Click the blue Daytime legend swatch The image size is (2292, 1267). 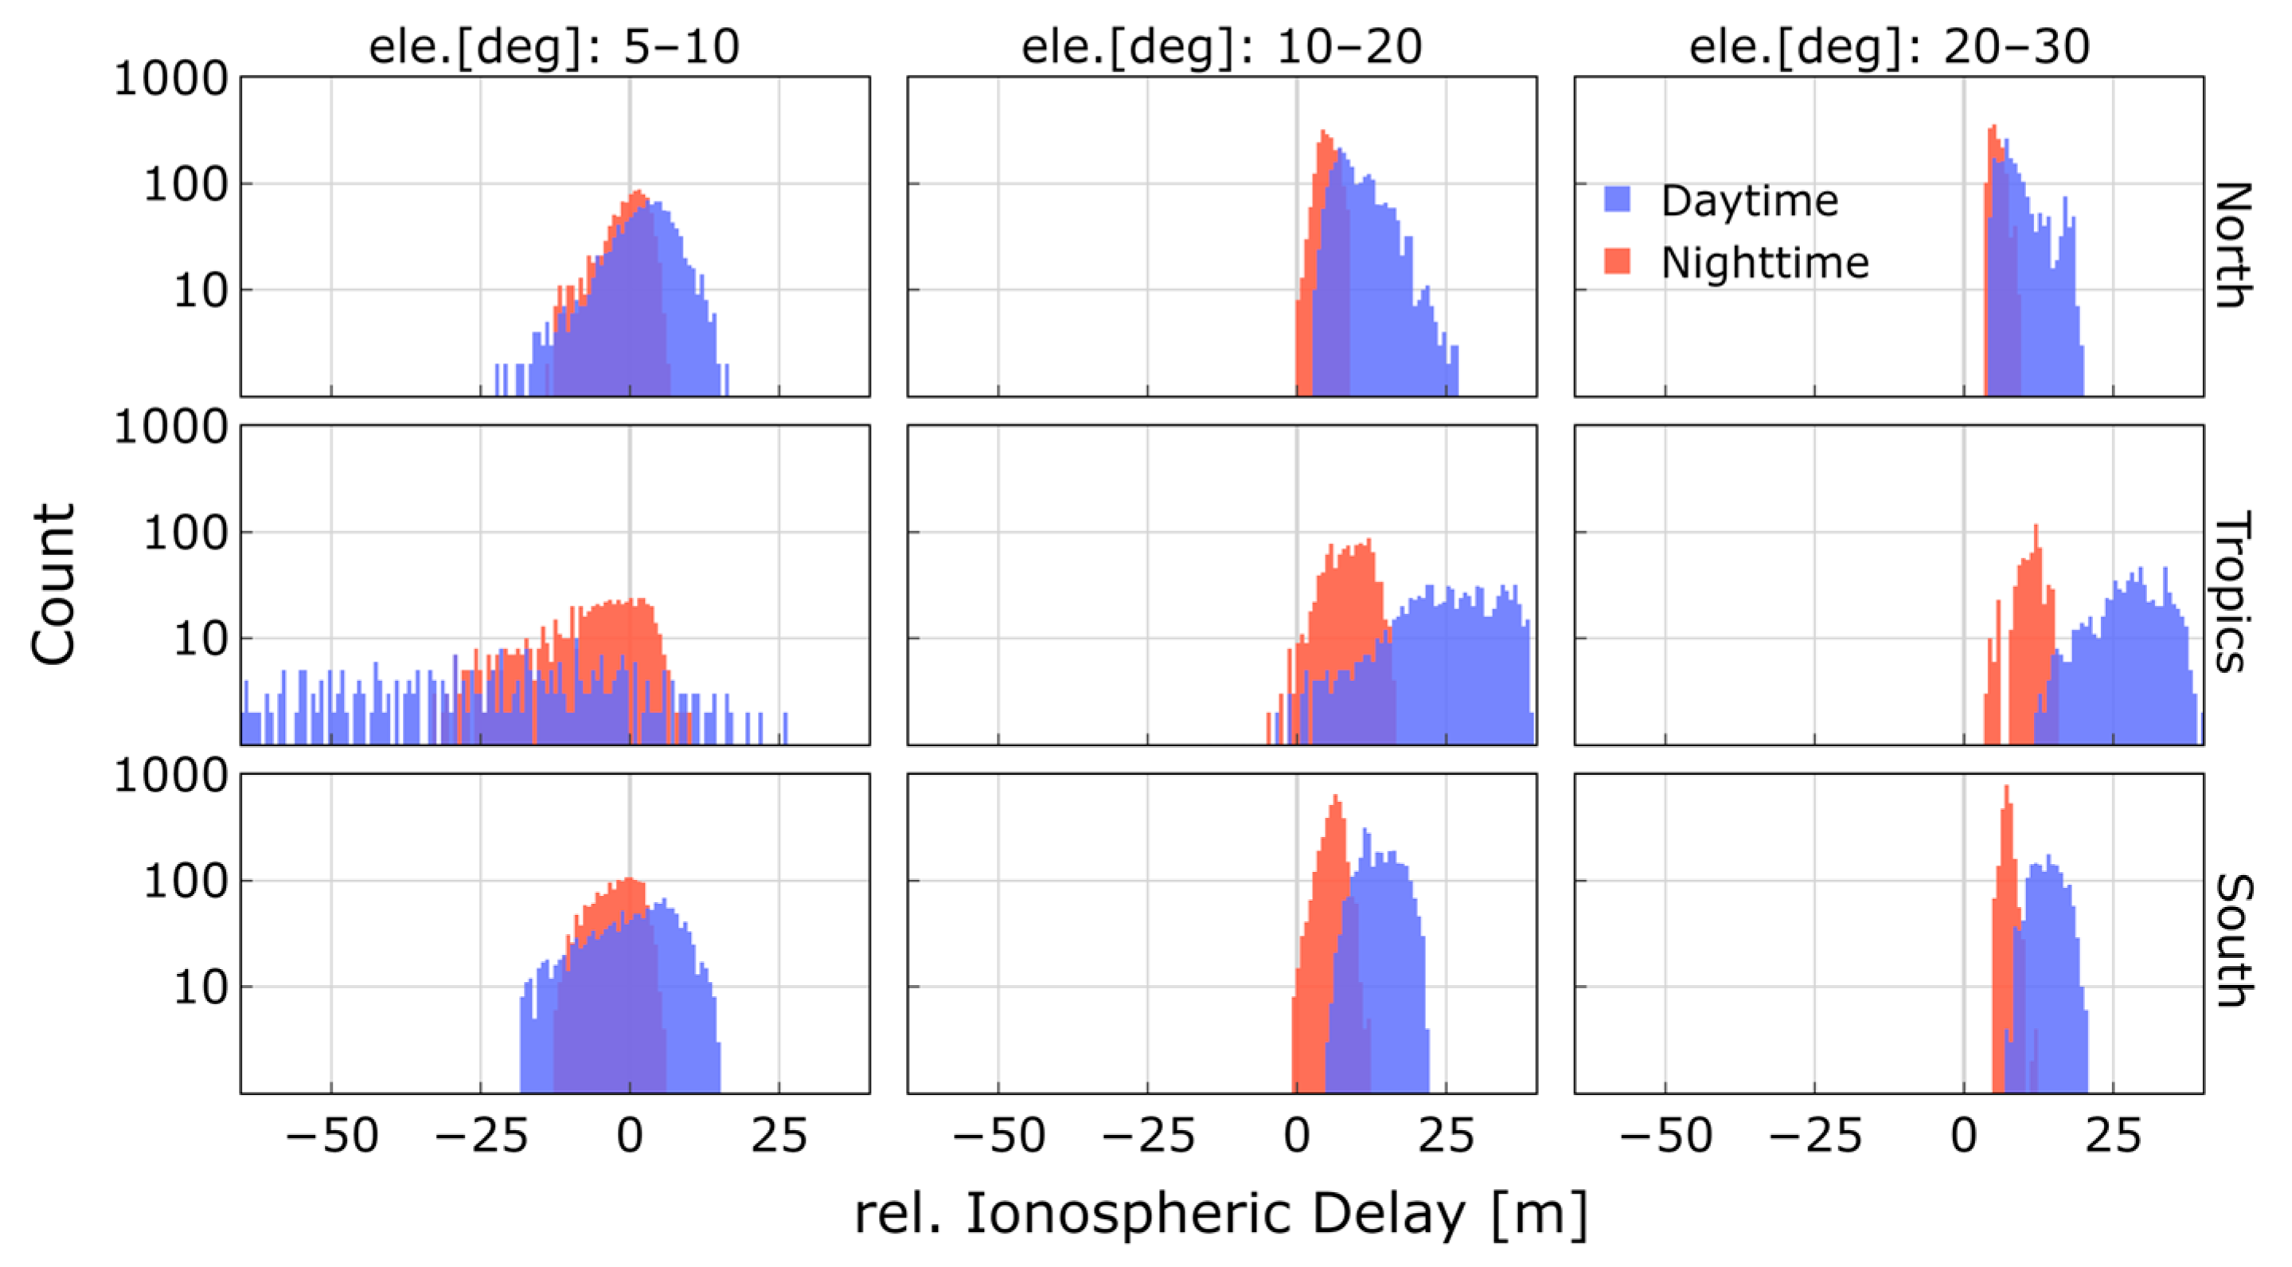tap(1617, 199)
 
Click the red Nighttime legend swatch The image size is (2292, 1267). tap(1617, 261)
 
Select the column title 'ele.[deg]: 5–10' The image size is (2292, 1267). tap(553, 46)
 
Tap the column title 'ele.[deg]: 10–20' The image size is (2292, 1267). tap(1220, 46)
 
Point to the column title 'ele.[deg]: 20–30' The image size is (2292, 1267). tap(1888, 46)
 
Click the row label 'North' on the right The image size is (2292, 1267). tap(2233, 244)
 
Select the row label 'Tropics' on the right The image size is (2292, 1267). tap(2233, 592)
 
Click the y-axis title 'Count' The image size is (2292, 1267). tap(53, 585)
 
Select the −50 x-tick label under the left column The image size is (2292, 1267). tap(332, 1136)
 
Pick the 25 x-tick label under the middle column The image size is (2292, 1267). tap(1446, 1136)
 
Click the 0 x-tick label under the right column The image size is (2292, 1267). tap(1964, 1136)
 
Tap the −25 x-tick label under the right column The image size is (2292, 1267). tap(1815, 1136)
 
